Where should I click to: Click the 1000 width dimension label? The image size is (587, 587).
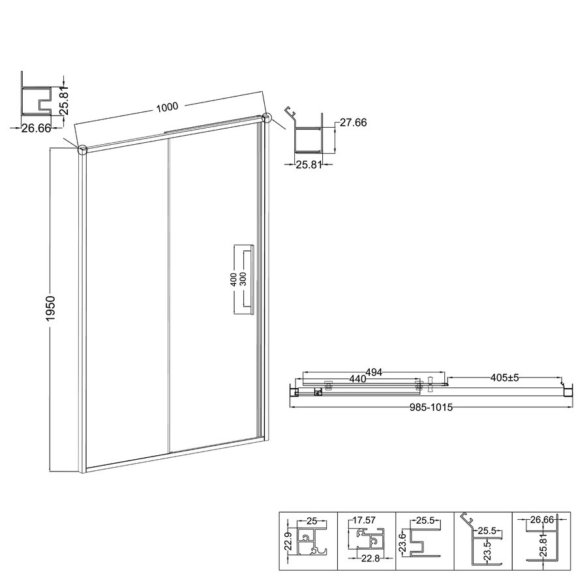167,108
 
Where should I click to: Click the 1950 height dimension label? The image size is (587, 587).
50,308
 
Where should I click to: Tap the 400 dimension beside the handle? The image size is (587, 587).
233,279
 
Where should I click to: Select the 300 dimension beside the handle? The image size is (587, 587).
243,279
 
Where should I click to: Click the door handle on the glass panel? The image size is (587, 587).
250,280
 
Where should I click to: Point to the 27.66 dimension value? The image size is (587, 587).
353,123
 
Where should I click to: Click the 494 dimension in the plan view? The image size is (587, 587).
374,372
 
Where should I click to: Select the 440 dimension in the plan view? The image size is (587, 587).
357,379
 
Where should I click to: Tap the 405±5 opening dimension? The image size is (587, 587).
505,378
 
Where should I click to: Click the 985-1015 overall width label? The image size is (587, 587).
431,407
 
